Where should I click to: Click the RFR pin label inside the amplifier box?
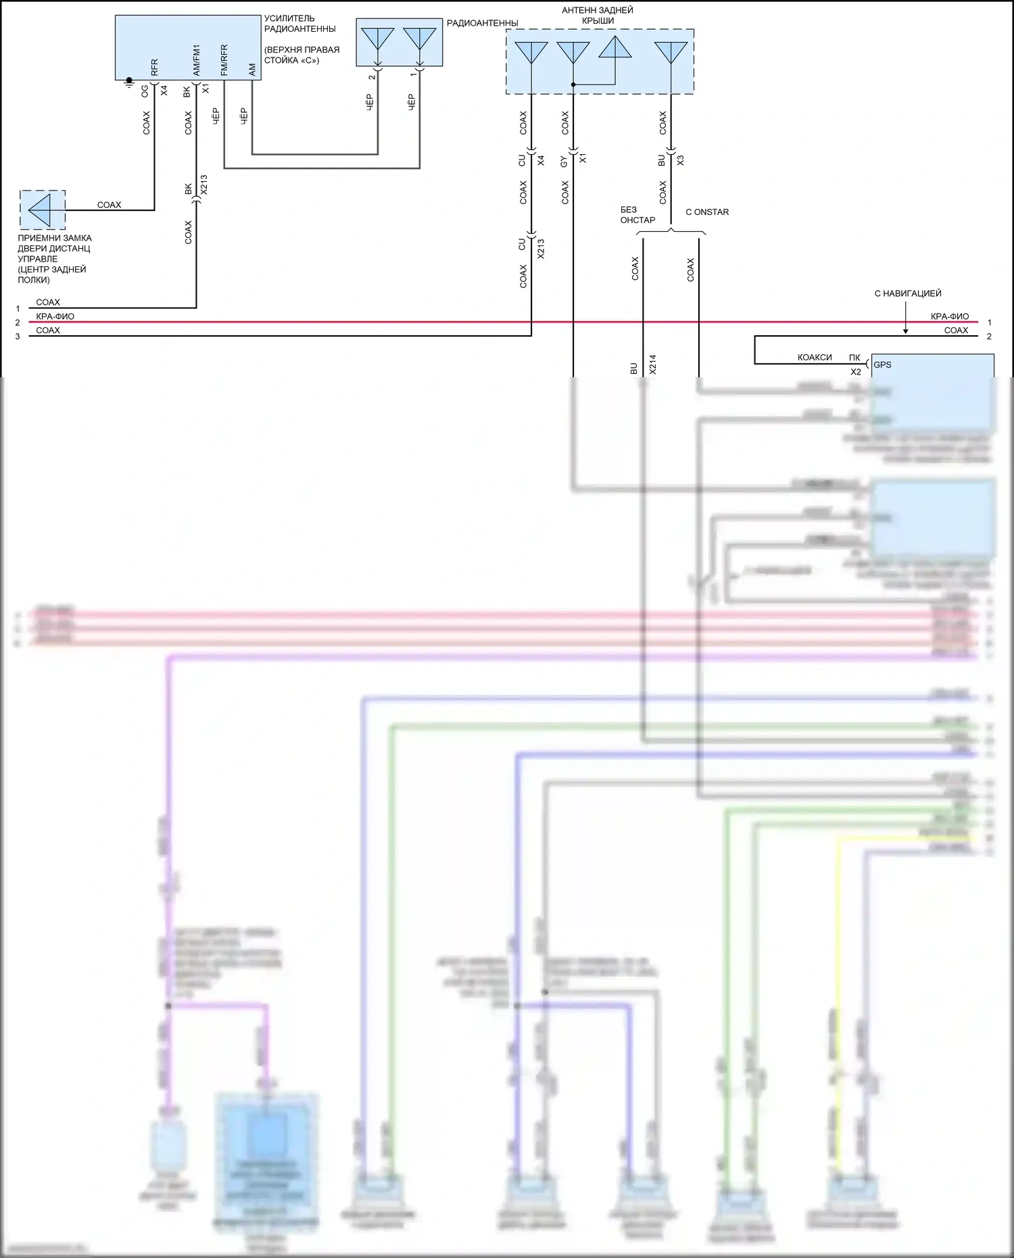coord(154,67)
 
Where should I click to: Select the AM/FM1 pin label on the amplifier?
coord(196,60)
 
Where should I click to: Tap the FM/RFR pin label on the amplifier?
coord(224,59)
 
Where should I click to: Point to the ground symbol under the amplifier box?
coord(129,83)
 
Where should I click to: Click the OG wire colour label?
coord(145,91)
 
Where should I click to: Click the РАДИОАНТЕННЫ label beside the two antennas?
coord(482,23)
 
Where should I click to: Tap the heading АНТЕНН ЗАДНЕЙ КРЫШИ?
coord(598,16)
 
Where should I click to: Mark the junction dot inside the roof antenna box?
coord(573,84)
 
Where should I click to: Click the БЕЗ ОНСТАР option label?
coord(637,215)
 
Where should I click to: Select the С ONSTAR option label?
coord(707,212)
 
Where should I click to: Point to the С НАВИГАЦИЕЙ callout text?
coord(907,293)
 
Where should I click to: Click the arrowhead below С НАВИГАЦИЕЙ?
coord(906,331)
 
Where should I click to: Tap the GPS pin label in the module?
coord(882,364)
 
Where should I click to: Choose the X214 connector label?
coord(652,364)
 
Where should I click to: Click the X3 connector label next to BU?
coord(680,160)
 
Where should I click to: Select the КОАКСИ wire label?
coord(814,358)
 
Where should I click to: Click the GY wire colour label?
coord(564,161)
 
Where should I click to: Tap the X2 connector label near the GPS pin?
coord(855,372)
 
